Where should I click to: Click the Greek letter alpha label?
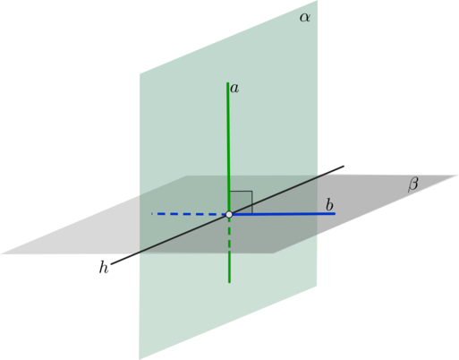pyautogui.click(x=305, y=18)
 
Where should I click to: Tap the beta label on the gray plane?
pyautogui.click(x=412, y=184)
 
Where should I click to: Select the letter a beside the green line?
pyautogui.click(x=234, y=89)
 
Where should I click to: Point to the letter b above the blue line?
pyautogui.click(x=329, y=205)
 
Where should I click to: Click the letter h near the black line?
pyautogui.click(x=104, y=267)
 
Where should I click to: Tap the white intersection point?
pyautogui.click(x=229, y=214)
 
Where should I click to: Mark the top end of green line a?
pyautogui.click(x=228, y=83)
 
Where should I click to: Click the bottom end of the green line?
pyautogui.click(x=229, y=282)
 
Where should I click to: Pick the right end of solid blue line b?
pyautogui.click(x=335, y=213)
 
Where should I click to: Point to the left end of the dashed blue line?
pyautogui.click(x=151, y=214)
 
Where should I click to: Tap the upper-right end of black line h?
pyautogui.click(x=344, y=166)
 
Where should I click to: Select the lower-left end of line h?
pyautogui.click(x=111, y=264)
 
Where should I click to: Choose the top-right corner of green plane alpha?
pyautogui.click(x=317, y=1)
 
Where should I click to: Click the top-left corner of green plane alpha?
pyautogui.click(x=140, y=73)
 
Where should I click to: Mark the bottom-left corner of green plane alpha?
pyautogui.click(x=139, y=359)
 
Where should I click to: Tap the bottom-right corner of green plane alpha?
pyautogui.click(x=317, y=287)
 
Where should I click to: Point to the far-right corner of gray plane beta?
pyautogui.click(x=458, y=176)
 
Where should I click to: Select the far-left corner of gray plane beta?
pyautogui.click(x=1, y=254)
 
